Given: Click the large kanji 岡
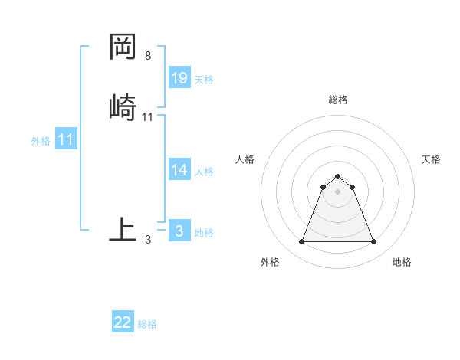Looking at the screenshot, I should (x=123, y=47).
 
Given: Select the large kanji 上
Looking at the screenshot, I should (x=123, y=229).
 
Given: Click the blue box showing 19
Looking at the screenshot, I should (x=179, y=78).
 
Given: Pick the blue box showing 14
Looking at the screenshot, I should (x=179, y=170).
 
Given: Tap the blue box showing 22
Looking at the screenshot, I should (x=123, y=322).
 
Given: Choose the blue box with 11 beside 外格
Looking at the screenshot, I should (x=66, y=140).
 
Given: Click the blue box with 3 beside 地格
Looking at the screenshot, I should (x=179, y=231).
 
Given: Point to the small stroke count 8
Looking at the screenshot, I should (x=148, y=56).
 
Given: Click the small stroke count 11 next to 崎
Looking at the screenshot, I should (x=148, y=116).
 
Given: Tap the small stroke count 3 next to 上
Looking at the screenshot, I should (x=148, y=240).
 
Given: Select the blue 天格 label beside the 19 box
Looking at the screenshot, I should (x=204, y=80).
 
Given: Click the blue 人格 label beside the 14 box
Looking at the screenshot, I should (x=204, y=172).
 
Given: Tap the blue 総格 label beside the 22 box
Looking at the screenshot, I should (x=147, y=324).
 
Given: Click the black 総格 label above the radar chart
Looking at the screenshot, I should (x=338, y=100).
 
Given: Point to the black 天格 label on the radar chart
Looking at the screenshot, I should (x=431, y=159).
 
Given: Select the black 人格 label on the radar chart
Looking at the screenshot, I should (x=245, y=159).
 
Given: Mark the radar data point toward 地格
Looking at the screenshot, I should (x=373, y=242).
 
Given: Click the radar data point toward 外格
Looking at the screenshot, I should (x=301, y=242).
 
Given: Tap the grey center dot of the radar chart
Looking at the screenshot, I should (x=337, y=191).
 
